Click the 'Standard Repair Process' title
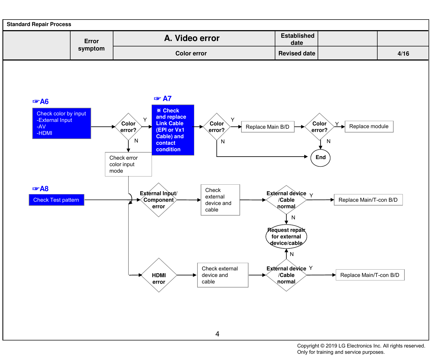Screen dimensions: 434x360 [39, 24]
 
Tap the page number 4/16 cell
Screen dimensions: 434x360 [403, 53]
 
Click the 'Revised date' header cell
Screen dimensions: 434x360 [296, 53]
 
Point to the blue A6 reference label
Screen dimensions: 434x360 [40, 102]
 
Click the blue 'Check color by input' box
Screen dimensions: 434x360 [62, 124]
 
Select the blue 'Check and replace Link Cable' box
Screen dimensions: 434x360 [173, 130]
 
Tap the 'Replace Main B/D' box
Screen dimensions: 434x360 [268, 127]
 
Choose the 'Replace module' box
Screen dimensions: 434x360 [369, 127]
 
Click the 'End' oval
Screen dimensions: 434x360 [320, 157]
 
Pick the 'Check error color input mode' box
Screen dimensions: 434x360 [128, 164]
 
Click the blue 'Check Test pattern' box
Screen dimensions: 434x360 [56, 200]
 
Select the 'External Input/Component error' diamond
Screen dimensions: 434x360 [159, 200]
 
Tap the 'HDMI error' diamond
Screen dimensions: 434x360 [159, 275]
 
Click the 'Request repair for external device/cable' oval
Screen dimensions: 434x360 [286, 236]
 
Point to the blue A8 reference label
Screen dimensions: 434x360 [40, 189]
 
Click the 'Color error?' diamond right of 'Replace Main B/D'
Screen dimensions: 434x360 [320, 127]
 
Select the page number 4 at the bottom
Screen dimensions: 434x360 [217, 334]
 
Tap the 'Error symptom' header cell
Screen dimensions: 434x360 [91, 45]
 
